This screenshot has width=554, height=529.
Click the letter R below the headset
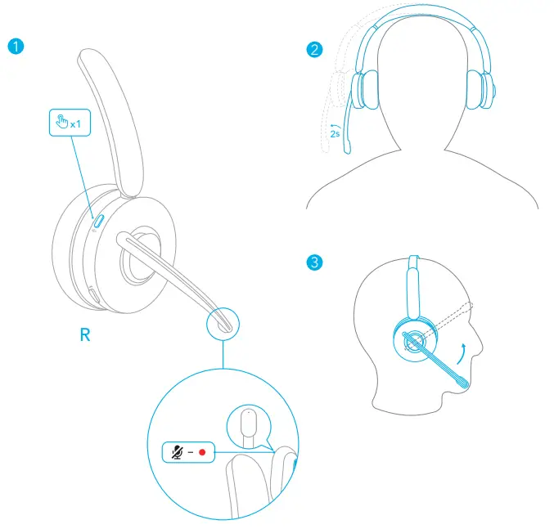pos(85,335)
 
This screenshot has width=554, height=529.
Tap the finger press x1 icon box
pos(65,123)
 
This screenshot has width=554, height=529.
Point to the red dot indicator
pos(201,451)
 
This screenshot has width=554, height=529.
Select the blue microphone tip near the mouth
pos(464,379)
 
